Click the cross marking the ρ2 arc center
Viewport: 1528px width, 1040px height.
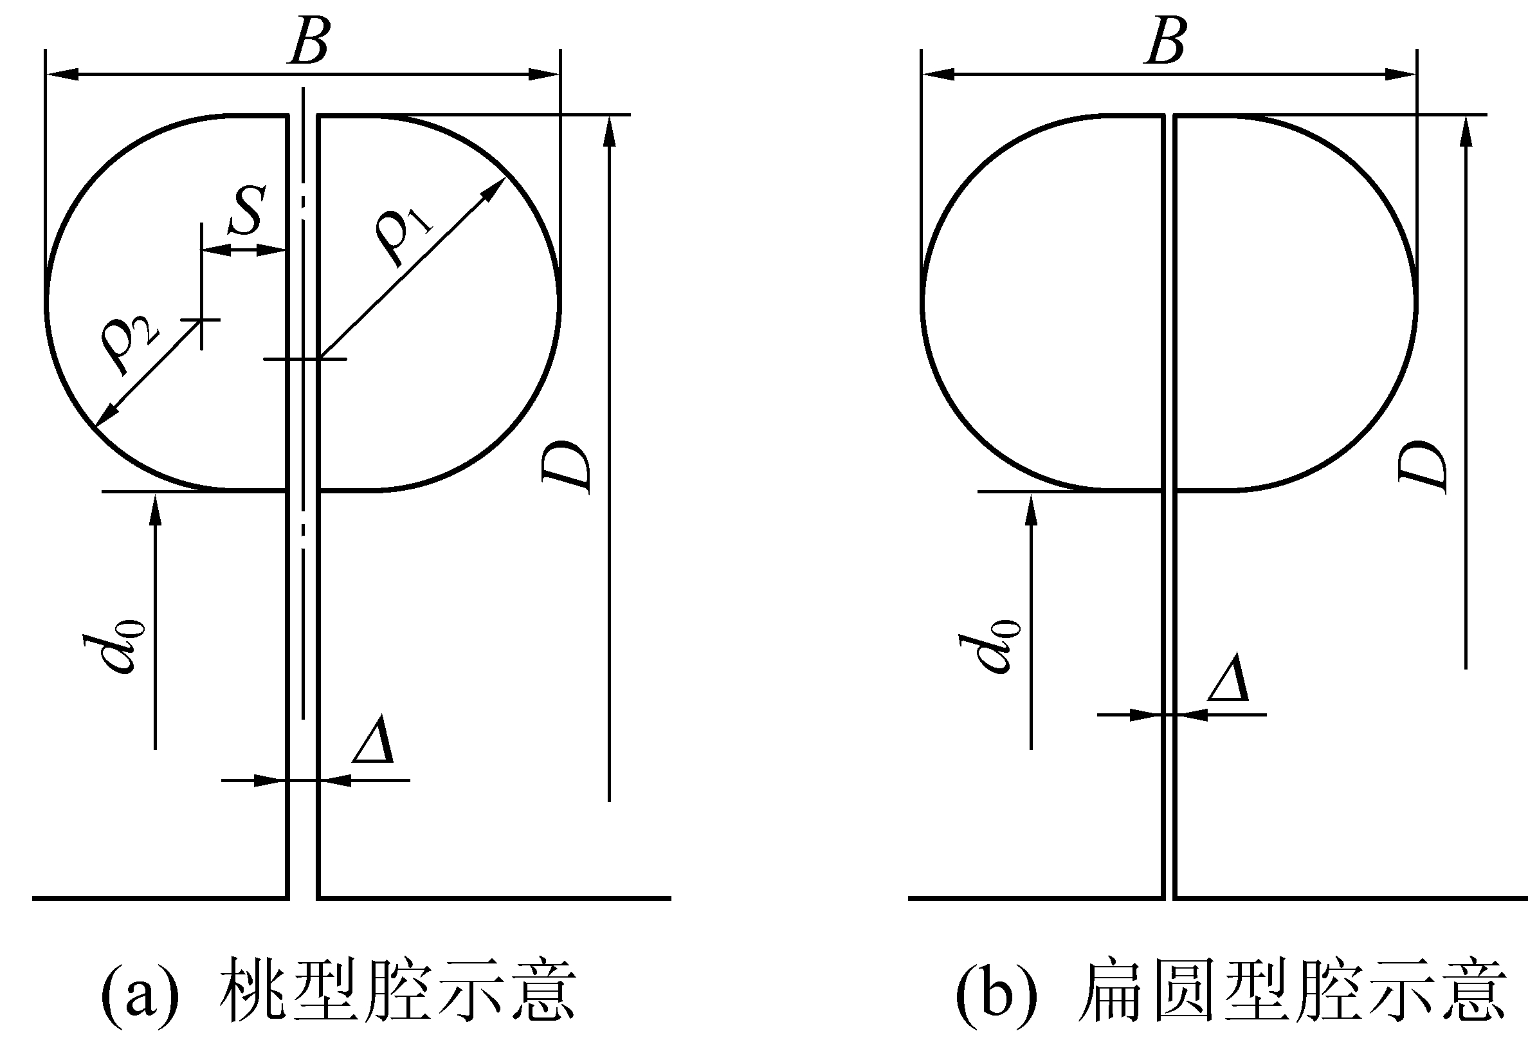click(x=201, y=320)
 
